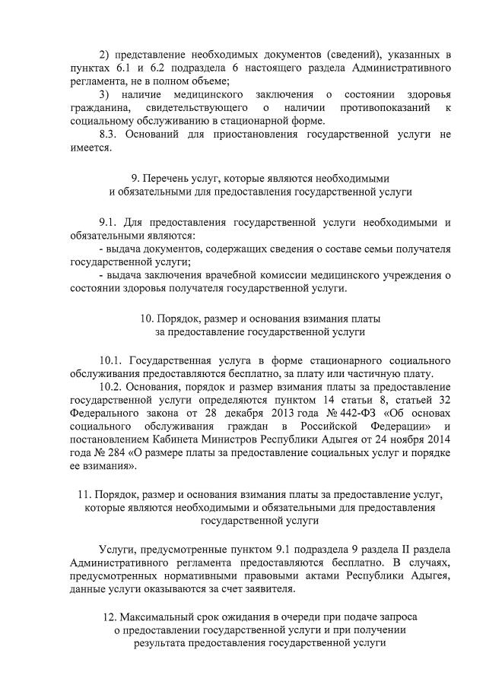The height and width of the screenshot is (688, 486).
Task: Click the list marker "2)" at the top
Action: (x=105, y=55)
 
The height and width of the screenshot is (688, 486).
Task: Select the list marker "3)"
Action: (x=105, y=94)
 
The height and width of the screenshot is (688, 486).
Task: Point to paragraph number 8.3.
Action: (x=110, y=134)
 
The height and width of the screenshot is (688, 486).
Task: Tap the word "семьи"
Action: (x=366, y=249)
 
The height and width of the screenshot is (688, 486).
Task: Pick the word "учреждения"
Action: (x=413, y=275)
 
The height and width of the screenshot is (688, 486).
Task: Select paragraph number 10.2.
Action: (x=112, y=386)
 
